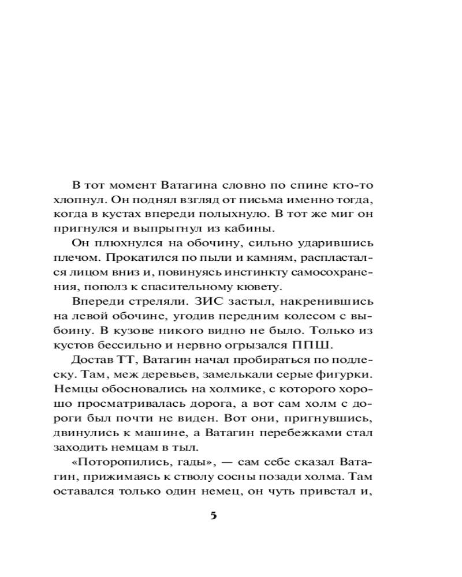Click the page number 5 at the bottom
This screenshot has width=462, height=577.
tap(213, 515)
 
